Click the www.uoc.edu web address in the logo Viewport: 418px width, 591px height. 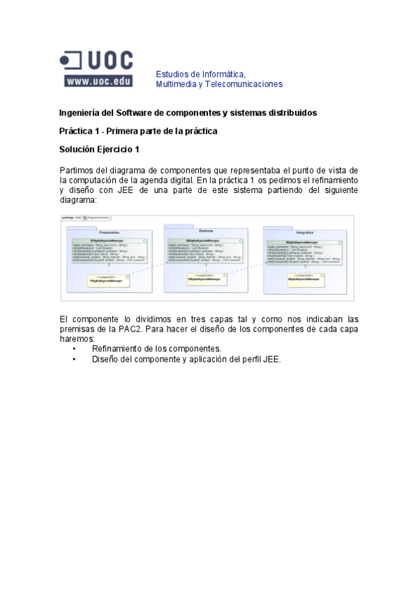click(x=98, y=81)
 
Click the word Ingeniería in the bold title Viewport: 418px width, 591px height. click(x=80, y=112)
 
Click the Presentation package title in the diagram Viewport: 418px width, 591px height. click(x=110, y=231)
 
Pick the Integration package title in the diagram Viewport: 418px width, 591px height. click(x=304, y=232)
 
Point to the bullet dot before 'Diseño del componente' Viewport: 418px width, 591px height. click(x=75, y=360)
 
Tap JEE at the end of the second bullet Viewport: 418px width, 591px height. click(x=271, y=360)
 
